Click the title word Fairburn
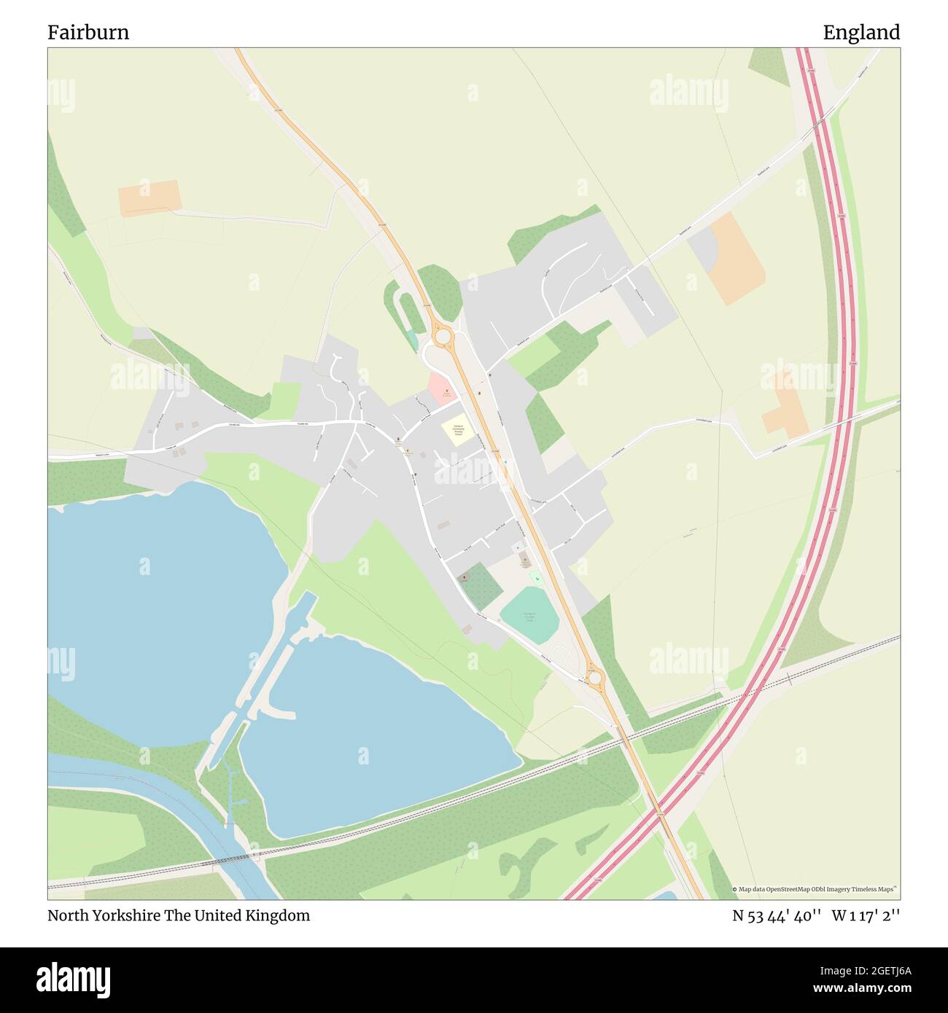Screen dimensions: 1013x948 (x=88, y=33)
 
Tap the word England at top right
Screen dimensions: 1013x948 (x=861, y=33)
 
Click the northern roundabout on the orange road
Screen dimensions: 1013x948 (x=441, y=337)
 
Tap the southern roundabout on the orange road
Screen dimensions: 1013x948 (x=595, y=679)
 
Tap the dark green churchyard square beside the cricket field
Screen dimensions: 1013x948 (x=480, y=586)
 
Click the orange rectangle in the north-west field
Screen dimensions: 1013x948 (x=149, y=197)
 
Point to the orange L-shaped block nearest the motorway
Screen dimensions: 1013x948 (x=785, y=408)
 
